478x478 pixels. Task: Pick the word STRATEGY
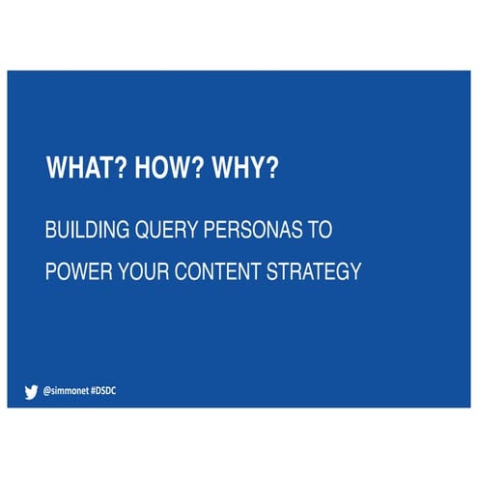(x=318, y=271)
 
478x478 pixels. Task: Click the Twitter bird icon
(x=30, y=392)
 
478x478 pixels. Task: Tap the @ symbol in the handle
(x=47, y=392)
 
